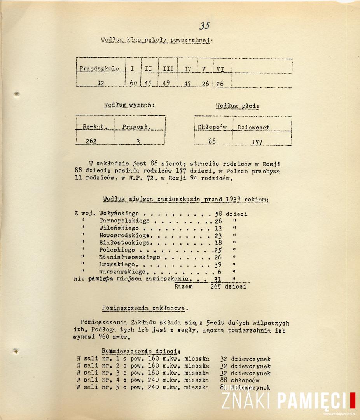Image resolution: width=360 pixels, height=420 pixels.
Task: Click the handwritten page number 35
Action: click(205, 26)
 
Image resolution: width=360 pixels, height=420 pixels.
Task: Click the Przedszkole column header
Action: click(99, 69)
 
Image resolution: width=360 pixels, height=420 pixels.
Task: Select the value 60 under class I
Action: click(133, 83)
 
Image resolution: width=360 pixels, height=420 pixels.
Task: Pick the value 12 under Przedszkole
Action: click(101, 83)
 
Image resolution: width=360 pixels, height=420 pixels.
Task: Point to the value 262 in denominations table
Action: click(91, 141)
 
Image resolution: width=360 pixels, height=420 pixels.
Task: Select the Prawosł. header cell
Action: click(136, 127)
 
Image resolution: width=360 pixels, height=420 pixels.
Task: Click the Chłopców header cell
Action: click(212, 127)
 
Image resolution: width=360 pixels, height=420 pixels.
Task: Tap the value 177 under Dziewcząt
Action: click(257, 142)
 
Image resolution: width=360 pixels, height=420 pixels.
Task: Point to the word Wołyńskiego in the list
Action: click(119, 213)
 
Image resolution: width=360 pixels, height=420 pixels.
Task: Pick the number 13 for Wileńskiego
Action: click(218, 228)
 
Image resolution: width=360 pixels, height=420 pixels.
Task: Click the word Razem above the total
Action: click(184, 286)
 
